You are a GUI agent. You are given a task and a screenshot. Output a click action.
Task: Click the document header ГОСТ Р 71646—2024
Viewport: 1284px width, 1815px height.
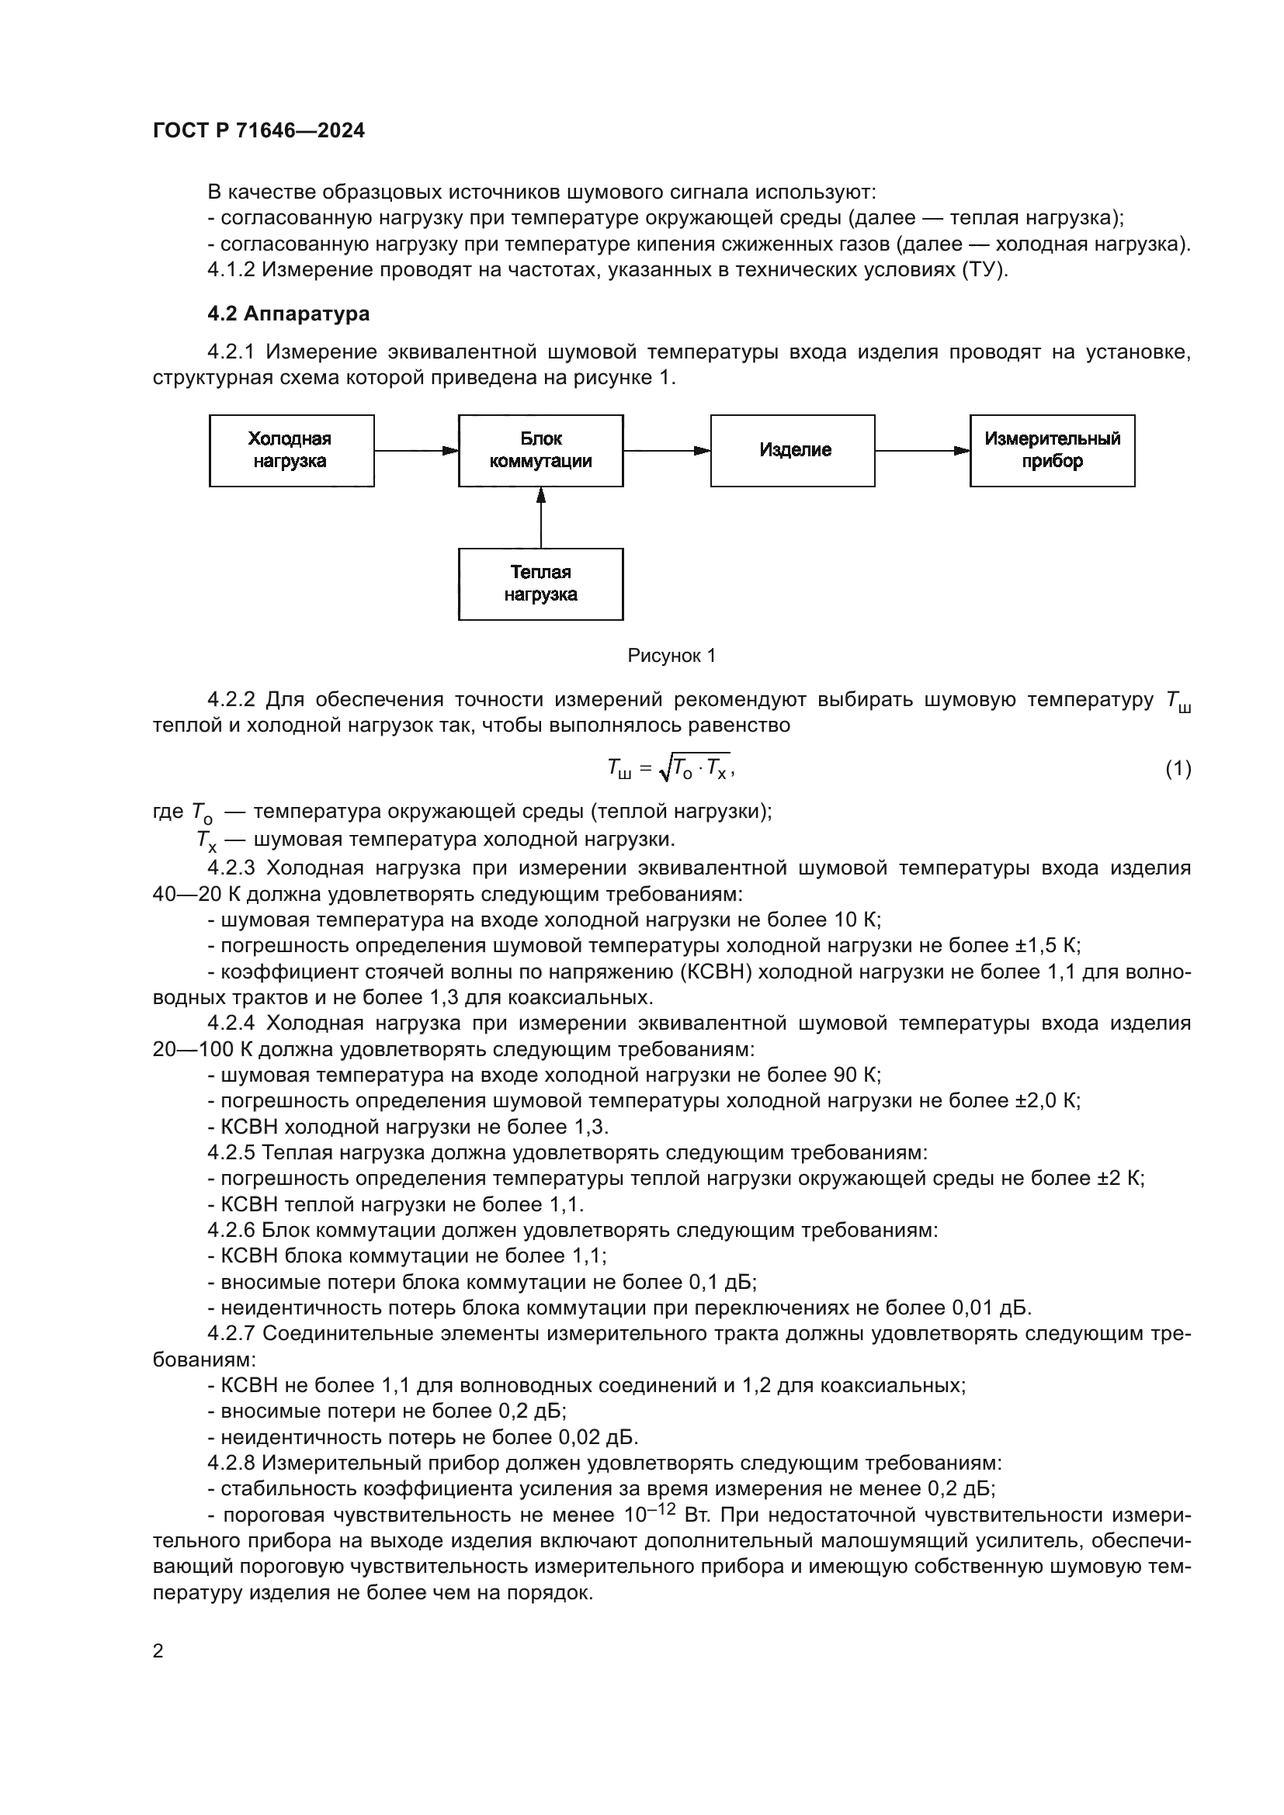pos(259,131)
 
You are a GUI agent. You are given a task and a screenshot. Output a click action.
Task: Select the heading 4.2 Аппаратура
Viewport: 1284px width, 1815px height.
pos(289,313)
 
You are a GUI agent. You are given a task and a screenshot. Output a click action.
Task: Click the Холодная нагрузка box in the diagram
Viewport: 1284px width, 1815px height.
pos(291,451)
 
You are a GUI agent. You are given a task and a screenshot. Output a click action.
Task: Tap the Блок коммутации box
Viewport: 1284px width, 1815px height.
pos(541,451)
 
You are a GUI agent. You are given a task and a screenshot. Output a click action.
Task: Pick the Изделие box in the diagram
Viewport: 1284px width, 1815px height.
pos(793,451)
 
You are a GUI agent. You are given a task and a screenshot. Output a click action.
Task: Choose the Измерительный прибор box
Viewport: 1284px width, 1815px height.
pos(1053,451)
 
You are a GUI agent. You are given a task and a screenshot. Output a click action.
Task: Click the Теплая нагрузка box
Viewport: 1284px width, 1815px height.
pos(541,584)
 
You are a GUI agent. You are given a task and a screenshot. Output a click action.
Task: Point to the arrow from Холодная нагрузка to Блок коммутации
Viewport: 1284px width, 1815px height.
pos(416,451)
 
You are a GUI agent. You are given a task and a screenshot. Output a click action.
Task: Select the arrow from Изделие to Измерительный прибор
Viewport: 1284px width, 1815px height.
pos(922,451)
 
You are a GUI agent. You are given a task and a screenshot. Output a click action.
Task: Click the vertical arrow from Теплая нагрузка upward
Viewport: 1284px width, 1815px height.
pos(541,518)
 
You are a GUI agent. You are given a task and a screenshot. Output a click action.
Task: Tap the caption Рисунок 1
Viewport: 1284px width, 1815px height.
pos(671,656)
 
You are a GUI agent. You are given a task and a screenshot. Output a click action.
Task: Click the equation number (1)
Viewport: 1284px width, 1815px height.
pos(1178,768)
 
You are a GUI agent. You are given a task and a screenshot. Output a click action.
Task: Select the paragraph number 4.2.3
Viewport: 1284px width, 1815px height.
pos(231,868)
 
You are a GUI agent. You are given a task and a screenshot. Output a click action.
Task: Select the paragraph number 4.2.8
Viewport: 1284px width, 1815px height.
pos(231,1463)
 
